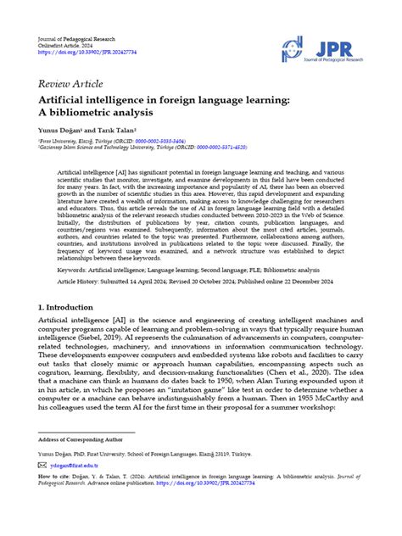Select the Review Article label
click(70, 84)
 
